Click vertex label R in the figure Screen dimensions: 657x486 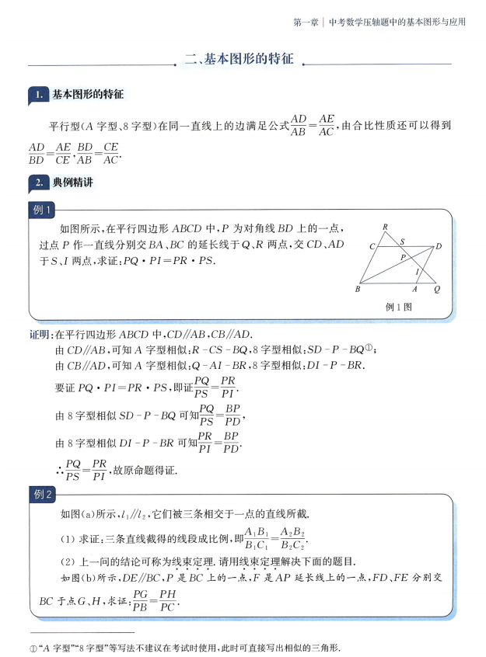coord(386,227)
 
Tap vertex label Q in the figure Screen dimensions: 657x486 coord(437,289)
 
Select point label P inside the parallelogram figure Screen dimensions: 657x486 coord(402,257)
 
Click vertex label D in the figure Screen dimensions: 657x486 coord(439,246)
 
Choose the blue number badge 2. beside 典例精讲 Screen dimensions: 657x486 coord(38,183)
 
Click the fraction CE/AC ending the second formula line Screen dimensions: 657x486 coord(110,154)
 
